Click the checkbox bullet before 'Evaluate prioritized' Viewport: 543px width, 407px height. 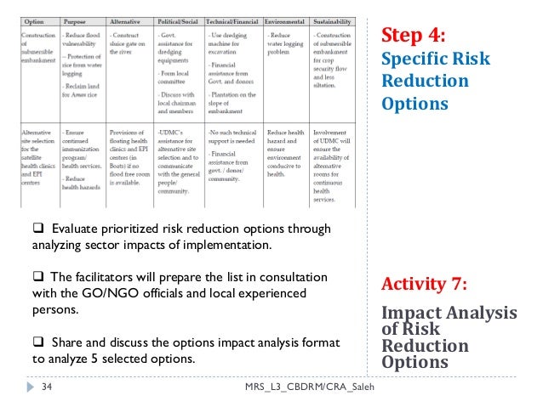click(38, 229)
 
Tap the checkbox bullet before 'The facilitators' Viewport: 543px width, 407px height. click(38, 278)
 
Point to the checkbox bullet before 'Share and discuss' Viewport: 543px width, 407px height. click(38, 342)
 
